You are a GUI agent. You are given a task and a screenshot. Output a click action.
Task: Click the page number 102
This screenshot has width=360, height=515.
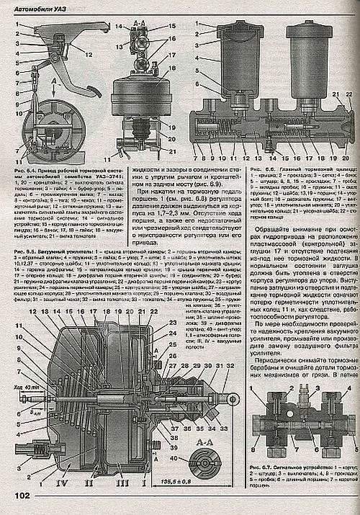click(x=21, y=495)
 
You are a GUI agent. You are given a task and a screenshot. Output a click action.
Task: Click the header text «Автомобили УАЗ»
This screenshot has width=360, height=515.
click(x=42, y=6)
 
